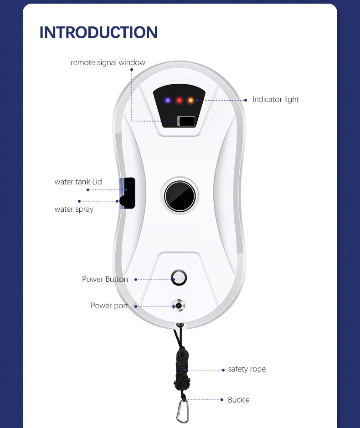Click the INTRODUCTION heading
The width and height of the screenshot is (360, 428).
[98, 32]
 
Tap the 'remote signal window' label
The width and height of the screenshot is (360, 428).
[108, 62]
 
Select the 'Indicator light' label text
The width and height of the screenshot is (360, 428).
[275, 99]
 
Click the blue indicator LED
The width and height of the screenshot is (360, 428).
[168, 100]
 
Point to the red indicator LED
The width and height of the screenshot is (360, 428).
[180, 100]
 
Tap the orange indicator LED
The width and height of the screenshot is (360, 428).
[190, 100]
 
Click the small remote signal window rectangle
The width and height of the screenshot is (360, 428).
[186, 121]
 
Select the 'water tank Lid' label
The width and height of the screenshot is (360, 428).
[78, 182]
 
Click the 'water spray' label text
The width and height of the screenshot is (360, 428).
[74, 209]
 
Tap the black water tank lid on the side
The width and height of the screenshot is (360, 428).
[128, 193]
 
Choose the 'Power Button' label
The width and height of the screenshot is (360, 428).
[105, 279]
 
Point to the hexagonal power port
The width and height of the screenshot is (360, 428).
[178, 306]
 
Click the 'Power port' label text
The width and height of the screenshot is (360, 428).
[109, 306]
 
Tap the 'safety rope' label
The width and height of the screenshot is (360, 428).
[247, 369]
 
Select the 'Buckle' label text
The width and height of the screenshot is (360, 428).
[238, 400]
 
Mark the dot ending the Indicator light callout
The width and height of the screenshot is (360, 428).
[247, 100]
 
